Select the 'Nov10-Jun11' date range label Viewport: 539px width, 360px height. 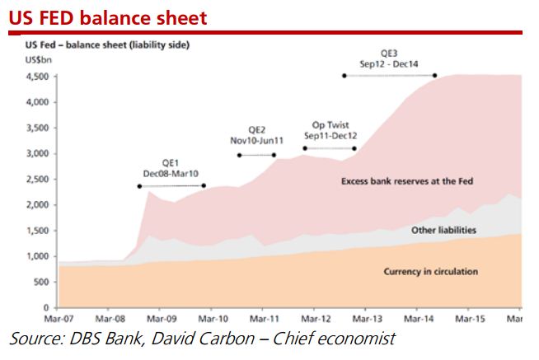(x=257, y=141)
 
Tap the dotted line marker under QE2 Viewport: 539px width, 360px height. (x=256, y=155)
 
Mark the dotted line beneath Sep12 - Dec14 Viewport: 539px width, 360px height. (x=389, y=76)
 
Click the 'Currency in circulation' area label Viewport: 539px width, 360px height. (x=431, y=271)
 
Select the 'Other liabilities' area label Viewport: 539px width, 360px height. (x=443, y=231)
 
